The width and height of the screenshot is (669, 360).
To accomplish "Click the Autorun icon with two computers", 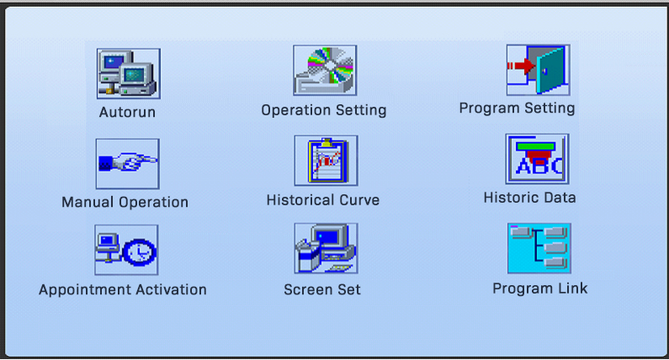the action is pos(129,73).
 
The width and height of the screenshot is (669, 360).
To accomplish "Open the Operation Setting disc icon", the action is pos(325,71).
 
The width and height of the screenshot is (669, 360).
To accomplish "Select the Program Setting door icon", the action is pos(538,70).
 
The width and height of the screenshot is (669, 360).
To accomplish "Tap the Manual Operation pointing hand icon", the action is pos(128,164).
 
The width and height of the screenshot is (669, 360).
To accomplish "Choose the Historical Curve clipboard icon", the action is pos(326,161).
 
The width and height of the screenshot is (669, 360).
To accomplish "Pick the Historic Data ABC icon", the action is pos(537,159).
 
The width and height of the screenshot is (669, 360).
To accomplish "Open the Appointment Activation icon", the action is pos(126,250).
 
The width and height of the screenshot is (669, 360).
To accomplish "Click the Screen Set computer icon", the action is pos(326,248).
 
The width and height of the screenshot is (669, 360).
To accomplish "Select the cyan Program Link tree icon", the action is pos(539,248).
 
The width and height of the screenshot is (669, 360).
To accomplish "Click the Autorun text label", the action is pos(127,112).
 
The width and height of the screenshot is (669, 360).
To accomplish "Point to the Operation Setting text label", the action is pos(324,110).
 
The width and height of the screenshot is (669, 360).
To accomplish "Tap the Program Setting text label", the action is pos(518,108).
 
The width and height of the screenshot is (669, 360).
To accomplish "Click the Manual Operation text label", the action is pos(125,202).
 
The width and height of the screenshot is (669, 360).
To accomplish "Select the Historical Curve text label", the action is pos(323,200).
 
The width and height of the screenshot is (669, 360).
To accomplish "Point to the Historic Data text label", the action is pos(530,198).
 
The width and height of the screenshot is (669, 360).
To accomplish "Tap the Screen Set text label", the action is pos(322,289).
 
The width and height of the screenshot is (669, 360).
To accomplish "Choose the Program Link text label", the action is pos(540,289).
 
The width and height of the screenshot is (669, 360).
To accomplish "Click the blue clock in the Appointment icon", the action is pos(140,252).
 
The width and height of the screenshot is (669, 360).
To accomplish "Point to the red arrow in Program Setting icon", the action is pos(521,66).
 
